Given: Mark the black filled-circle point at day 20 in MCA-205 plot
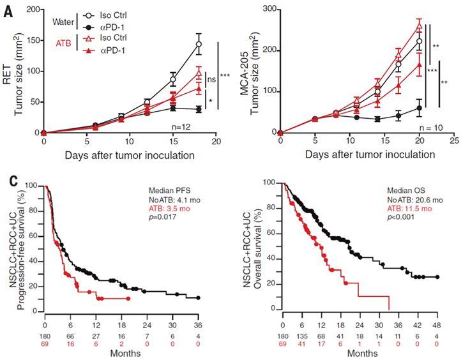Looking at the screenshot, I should pyautogui.click(x=419, y=109).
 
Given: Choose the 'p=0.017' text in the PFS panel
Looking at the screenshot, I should pyautogui.click(x=162, y=217).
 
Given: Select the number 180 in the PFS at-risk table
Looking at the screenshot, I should pyautogui.click(x=45, y=336).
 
